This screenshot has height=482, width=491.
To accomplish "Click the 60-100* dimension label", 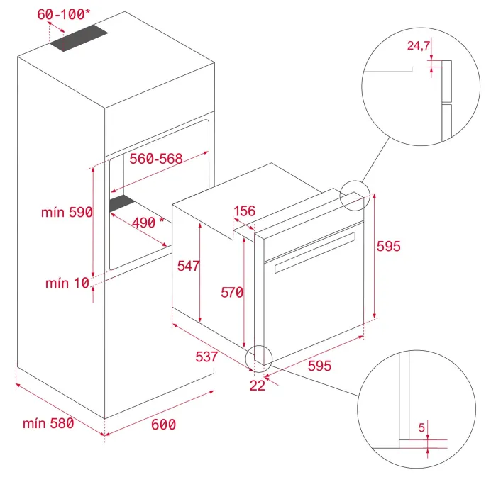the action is tap(64, 14).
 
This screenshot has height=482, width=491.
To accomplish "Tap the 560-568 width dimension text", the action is tap(156, 159).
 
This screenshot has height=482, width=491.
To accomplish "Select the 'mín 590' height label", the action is tap(67, 212).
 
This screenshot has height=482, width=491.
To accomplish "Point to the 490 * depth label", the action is tap(148, 223).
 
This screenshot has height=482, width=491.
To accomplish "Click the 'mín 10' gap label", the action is tap(67, 283).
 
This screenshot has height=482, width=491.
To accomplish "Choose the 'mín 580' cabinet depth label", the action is tap(48, 423).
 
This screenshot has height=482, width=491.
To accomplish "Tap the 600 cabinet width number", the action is tap(163, 425).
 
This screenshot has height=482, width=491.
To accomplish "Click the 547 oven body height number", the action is tap(188, 266).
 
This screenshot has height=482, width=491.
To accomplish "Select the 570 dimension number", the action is tap(232, 293).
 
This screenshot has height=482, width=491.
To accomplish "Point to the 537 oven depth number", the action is tap(206, 357).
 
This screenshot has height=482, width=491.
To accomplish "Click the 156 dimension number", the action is tap(245, 211).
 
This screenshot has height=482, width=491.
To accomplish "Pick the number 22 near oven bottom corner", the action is tap(258, 386).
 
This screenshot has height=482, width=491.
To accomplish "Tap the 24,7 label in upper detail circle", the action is tap(419, 45).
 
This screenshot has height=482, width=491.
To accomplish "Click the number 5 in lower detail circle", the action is tap(421, 427).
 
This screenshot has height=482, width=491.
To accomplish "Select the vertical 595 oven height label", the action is tap(389, 246).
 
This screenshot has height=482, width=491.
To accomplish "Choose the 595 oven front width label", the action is tap(319, 366).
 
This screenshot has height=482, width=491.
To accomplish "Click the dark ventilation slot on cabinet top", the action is tap(79, 38).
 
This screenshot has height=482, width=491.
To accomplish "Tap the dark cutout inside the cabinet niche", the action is tap(122, 203).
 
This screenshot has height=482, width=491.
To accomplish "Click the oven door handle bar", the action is tap(315, 253).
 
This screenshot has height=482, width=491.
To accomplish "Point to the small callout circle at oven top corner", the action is tap(355, 196).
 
